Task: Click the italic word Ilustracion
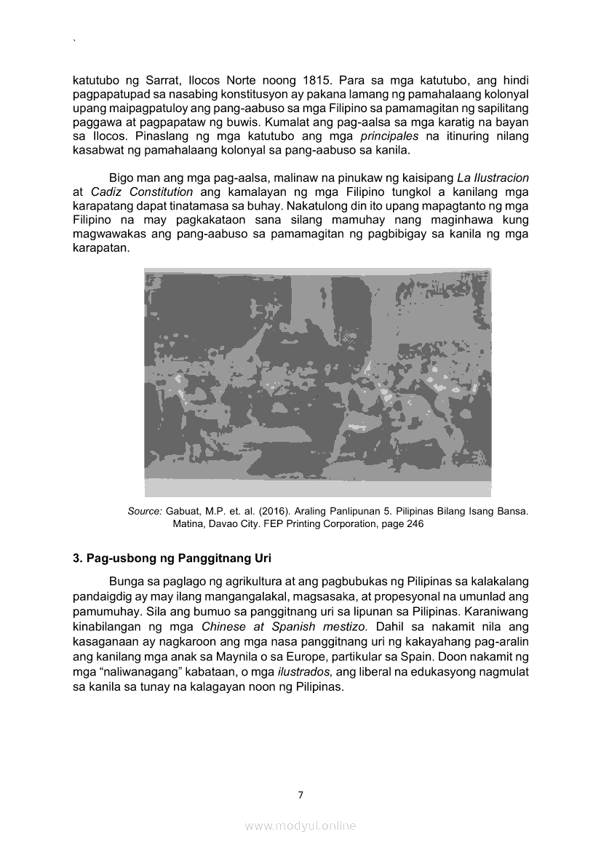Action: coord(502,178)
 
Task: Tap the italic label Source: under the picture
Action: coord(144,511)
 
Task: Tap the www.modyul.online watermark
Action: coord(300,826)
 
